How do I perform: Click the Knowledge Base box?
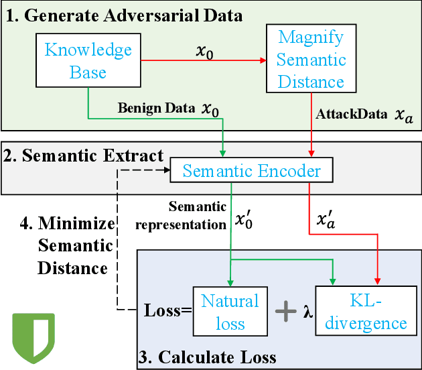click(x=88, y=61)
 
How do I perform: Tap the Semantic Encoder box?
click(x=252, y=171)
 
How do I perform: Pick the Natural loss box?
click(x=230, y=312)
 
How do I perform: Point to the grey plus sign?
click(x=287, y=311)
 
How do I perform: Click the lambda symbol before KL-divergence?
click(x=308, y=312)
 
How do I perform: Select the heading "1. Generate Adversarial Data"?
click(x=124, y=15)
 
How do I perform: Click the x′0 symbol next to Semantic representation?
click(x=244, y=219)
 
